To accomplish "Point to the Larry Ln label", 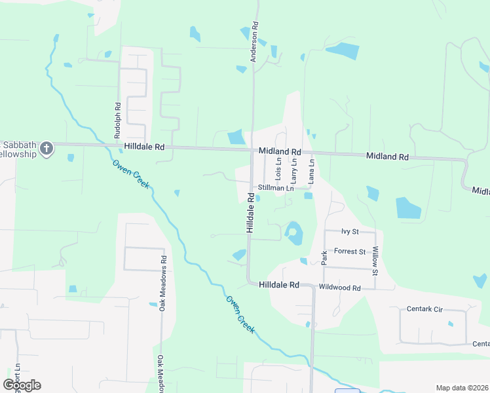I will (x=294, y=170).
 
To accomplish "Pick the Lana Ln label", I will (x=312, y=170).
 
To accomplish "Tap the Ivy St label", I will (x=351, y=232).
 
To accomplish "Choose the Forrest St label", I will (x=349, y=252).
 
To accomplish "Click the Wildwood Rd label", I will (x=339, y=288).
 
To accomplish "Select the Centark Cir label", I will (x=425, y=308).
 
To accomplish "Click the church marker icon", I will (x=46, y=149).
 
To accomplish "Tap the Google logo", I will (x=22, y=385).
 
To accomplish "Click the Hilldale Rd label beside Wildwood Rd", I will (x=279, y=285).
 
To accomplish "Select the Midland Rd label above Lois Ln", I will (x=279, y=151).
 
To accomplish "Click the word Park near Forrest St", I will (x=324, y=256).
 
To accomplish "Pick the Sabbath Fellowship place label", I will (x=19, y=149).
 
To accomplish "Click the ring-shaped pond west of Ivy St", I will (x=293, y=232).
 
